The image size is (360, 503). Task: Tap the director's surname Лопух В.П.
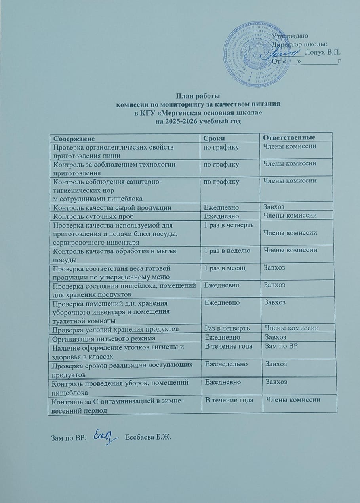click(324, 52)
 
